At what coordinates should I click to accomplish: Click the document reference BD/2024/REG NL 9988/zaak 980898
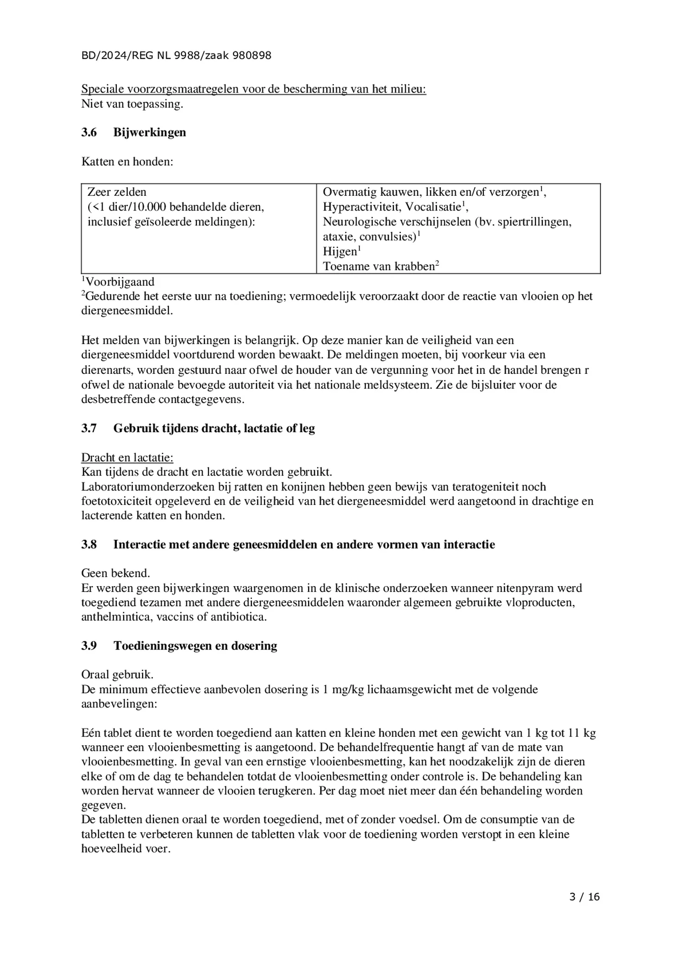click(x=176, y=56)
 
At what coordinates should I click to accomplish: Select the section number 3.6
click(x=89, y=132)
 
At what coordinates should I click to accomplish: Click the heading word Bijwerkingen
click(x=149, y=132)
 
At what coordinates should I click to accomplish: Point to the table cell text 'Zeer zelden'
click(x=117, y=192)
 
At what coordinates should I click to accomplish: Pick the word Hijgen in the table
click(x=340, y=251)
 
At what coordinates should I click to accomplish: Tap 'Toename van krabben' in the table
click(x=378, y=266)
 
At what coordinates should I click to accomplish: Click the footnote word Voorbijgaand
click(x=120, y=282)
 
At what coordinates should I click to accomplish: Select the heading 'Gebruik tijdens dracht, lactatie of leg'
click(x=214, y=428)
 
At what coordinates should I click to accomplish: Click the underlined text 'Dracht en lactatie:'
click(x=127, y=457)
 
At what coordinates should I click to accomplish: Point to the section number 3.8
click(x=89, y=545)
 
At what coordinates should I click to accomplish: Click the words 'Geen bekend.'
click(x=115, y=573)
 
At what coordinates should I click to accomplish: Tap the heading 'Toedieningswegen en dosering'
click(x=195, y=646)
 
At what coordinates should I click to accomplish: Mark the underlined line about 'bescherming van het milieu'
click(x=253, y=89)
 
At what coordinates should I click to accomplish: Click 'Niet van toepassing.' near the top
click(x=132, y=104)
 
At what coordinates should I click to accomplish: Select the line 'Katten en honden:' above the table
click(x=127, y=162)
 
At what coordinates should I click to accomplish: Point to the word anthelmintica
click(x=117, y=617)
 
